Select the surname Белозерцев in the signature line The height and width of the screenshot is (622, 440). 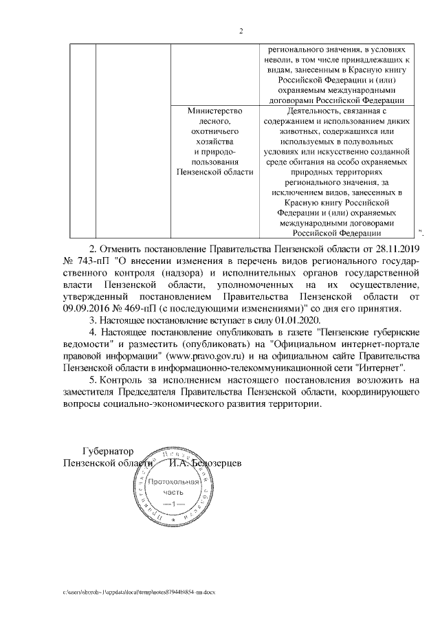point(214,464)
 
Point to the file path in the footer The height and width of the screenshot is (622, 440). point(138,591)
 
